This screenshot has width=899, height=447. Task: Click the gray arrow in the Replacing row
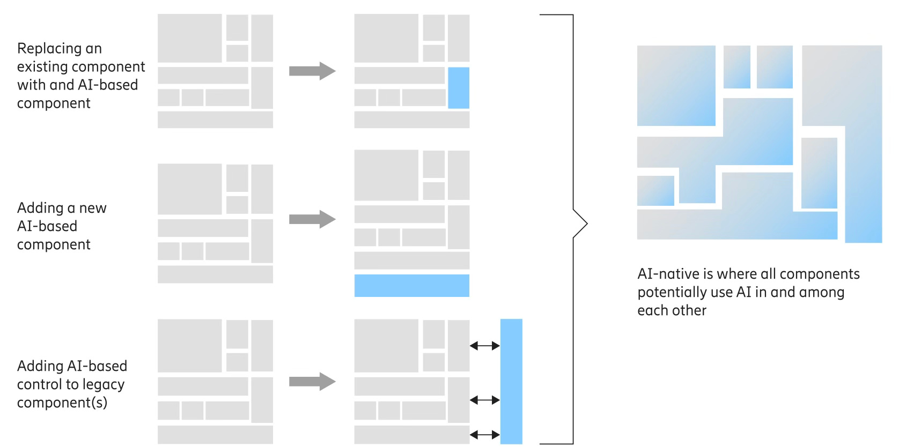click(312, 71)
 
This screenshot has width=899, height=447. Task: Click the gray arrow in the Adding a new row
click(312, 219)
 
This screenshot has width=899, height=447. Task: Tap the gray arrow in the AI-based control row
click(312, 382)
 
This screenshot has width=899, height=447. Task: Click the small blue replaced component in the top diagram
click(458, 88)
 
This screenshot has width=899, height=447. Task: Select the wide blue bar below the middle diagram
click(411, 286)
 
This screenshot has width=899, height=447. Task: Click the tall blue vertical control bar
click(511, 381)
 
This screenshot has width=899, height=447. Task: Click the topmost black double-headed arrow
click(484, 346)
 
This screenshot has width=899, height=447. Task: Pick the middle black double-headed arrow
click(484, 400)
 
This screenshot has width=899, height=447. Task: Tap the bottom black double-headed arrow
click(484, 434)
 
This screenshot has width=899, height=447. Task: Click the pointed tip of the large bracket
click(586, 223)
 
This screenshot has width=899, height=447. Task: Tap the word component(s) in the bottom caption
click(62, 403)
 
